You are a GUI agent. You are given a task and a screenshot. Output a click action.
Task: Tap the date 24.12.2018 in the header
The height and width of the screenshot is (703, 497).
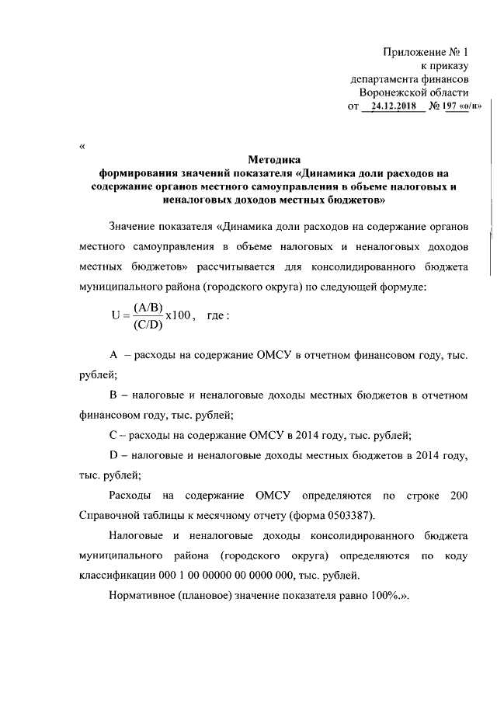point(394,106)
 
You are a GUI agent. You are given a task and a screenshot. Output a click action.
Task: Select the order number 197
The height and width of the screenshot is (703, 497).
point(449,106)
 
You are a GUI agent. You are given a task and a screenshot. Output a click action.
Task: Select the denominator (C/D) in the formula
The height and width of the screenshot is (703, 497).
point(147,325)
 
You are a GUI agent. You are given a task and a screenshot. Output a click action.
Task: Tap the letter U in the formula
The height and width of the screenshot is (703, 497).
point(116,316)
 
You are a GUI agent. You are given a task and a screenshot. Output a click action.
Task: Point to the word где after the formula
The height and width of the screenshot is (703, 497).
point(216,316)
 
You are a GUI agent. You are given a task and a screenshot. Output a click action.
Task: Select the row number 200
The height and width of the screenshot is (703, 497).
point(458,495)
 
